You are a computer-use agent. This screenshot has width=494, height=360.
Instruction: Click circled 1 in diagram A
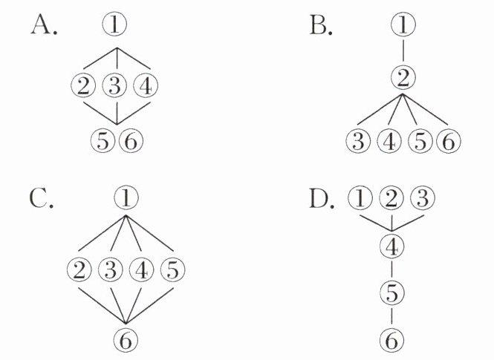coord(114,24)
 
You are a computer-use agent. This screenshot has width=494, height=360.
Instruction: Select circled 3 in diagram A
coord(114,86)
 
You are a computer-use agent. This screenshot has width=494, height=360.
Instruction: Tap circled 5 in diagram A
coord(103,141)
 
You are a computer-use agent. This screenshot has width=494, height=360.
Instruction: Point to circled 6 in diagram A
coord(131,141)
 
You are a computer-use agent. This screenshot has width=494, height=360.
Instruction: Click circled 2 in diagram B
coord(403,78)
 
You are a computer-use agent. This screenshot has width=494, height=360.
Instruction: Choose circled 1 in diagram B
coord(403,24)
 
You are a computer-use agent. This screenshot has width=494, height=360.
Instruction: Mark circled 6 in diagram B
coord(449,141)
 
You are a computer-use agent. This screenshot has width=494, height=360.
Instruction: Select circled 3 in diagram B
coord(358,141)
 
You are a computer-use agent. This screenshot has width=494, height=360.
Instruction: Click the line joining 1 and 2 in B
coord(403,51)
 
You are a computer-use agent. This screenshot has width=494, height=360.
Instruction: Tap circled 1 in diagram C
coord(126,197)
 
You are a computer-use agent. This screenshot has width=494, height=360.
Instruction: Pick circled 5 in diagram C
coord(172,269)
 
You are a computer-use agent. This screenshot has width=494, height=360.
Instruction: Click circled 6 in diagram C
coord(126,339)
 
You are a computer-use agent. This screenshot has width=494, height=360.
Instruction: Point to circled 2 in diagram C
coord(79,269)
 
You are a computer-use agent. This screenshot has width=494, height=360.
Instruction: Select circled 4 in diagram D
coord(391,246)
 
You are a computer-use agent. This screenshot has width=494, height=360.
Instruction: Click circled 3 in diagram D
coord(423,199)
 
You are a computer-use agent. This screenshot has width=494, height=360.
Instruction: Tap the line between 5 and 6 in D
coord(391,316)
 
